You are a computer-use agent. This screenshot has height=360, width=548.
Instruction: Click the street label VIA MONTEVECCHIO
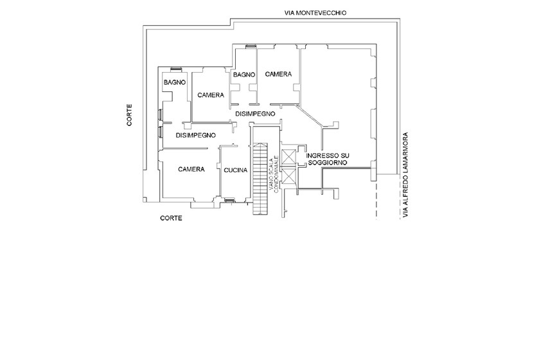coord(315,13)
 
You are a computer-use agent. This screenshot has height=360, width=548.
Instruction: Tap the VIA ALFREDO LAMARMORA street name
coord(405,175)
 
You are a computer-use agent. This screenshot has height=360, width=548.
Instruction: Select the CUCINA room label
coord(235,170)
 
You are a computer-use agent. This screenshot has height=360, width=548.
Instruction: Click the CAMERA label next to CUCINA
coord(191,169)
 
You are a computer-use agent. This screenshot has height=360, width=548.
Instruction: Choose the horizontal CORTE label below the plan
coord(171,218)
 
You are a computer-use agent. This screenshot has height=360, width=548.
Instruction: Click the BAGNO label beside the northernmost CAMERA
coord(245,75)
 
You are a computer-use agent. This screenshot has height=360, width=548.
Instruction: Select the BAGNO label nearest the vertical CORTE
coord(174,82)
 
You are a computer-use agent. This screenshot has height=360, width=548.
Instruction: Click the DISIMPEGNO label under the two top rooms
coord(255,113)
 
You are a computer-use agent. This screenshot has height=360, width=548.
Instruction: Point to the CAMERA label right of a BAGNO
coord(278,75)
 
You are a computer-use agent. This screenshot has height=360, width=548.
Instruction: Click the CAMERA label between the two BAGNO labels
coord(211,95)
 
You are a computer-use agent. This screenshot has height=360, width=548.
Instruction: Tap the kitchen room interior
coord(234,183)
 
